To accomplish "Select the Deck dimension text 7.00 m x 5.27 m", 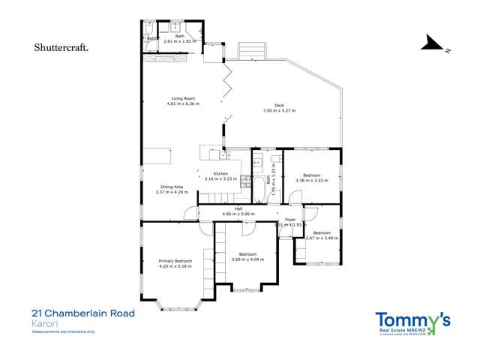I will point(279,111).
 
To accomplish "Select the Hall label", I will point(238,208).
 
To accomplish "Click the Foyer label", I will point(290,220).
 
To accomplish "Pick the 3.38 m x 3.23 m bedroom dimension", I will point(311,180).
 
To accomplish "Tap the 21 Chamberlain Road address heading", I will point(82,313).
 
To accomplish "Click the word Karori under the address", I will point(43,323).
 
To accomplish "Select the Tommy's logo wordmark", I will point(412,320).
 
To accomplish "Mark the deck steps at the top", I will point(251,51).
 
